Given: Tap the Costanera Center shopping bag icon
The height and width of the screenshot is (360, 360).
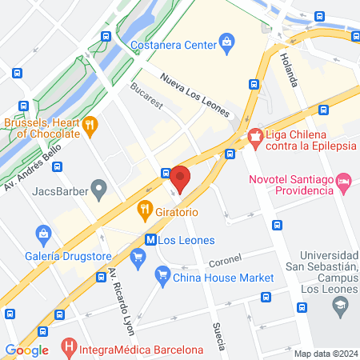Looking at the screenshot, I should (227, 41).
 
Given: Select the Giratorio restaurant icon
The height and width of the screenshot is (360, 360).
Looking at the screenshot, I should (145, 212).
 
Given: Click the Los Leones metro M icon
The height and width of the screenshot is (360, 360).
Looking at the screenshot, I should (150, 238).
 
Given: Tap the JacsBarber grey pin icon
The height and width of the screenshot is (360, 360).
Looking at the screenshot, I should (99, 190).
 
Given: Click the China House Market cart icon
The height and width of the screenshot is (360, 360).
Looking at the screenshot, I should (163, 277).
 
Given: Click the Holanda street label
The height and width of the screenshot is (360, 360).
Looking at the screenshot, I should (289, 70).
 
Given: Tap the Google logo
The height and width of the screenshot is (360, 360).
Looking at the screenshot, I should (26, 349).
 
